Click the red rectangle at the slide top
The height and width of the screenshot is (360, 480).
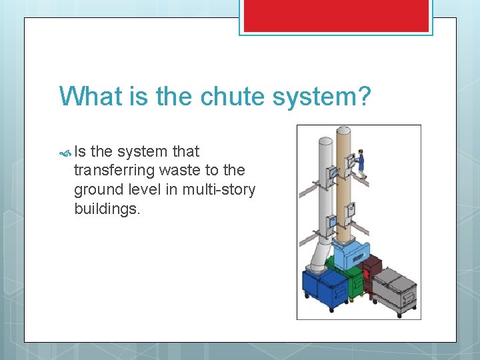[x=336, y=15]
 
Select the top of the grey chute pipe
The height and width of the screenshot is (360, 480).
[x=325, y=141]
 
